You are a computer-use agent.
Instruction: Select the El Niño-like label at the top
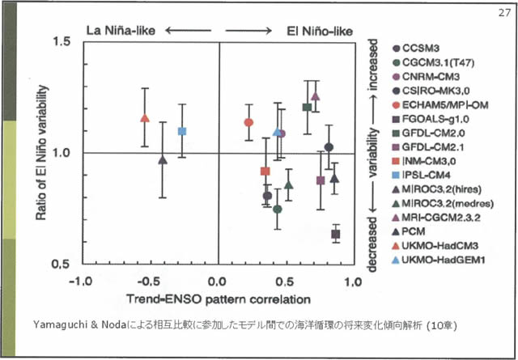point(320,30)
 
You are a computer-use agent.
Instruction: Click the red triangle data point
point(145,118)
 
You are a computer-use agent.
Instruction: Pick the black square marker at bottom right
point(335,234)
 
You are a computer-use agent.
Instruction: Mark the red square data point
point(265,171)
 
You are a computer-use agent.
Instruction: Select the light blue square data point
point(182,131)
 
